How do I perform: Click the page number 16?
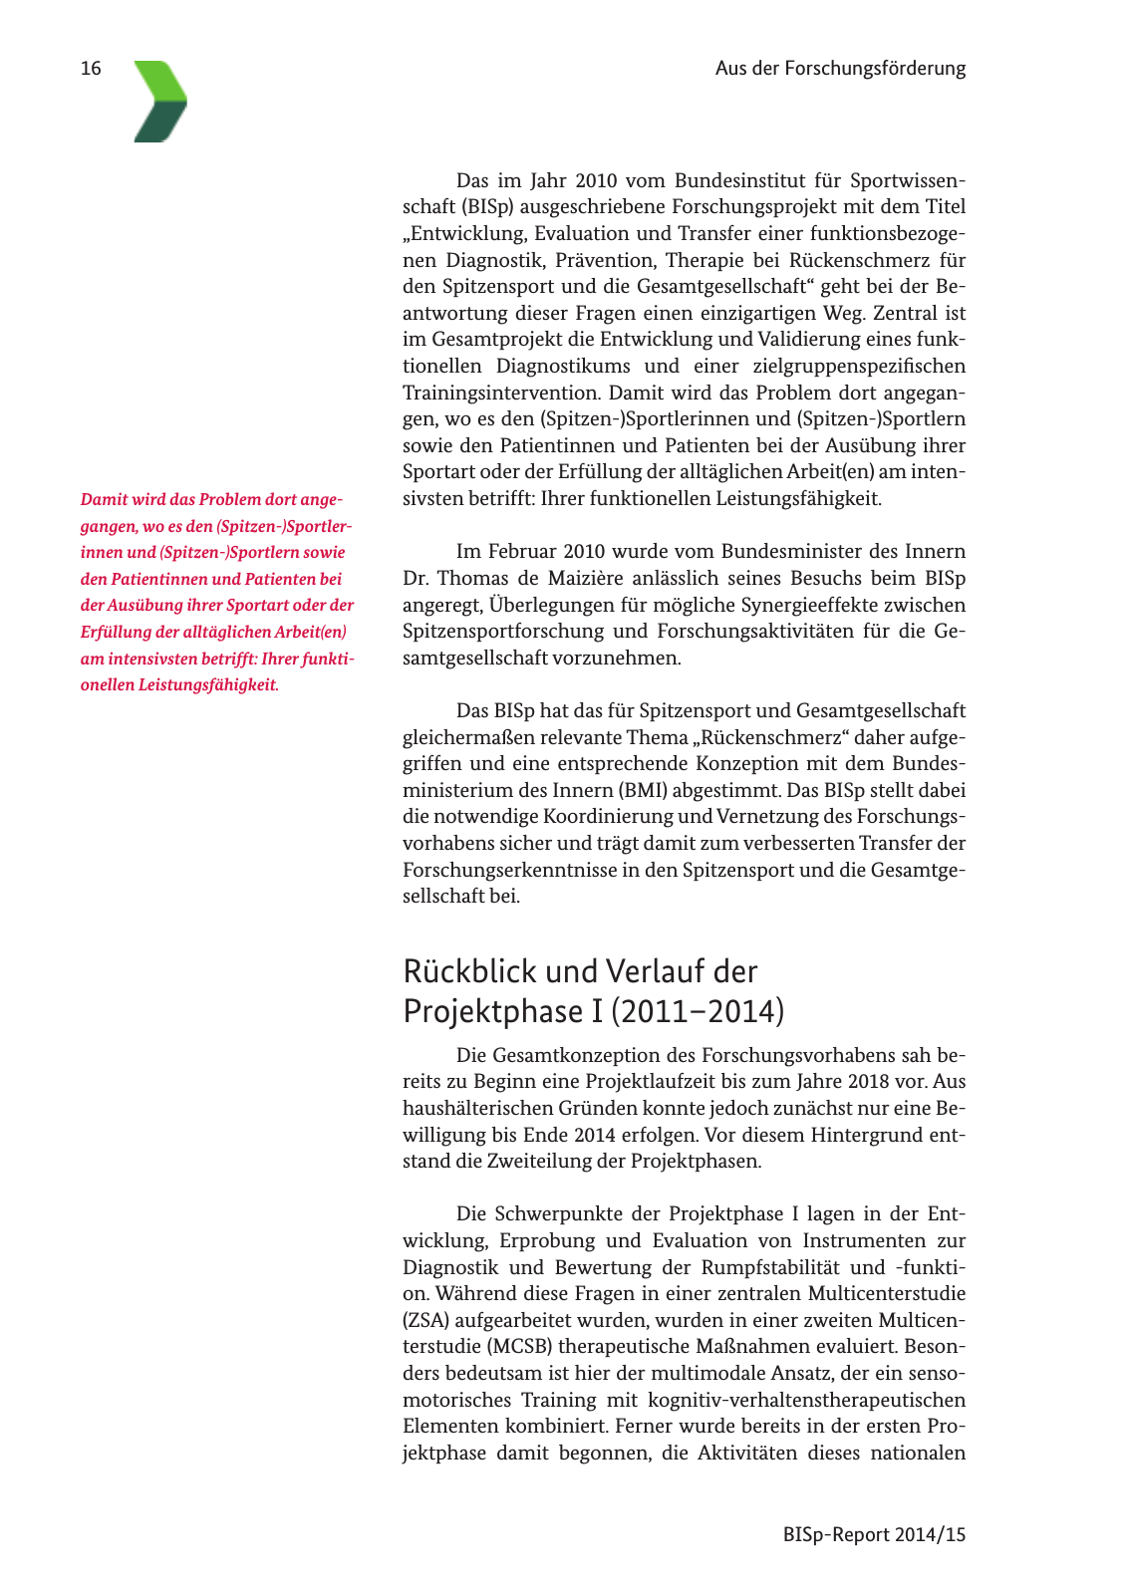pos(91,69)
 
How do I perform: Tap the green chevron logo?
pos(160,102)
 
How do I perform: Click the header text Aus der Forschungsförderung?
pos(840,69)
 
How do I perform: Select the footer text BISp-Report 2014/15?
pos(874,1534)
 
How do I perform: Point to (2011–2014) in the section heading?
pos(698,1011)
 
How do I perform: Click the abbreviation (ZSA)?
pos(425,1320)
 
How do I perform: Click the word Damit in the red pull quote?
pos(103,499)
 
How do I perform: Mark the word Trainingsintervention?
pos(501,393)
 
